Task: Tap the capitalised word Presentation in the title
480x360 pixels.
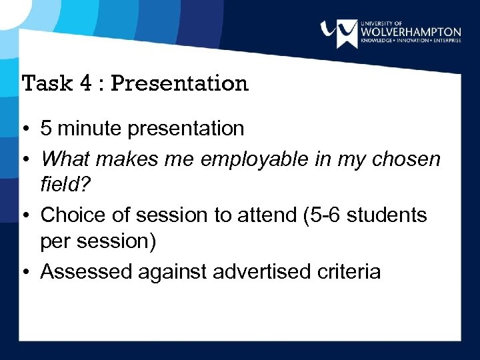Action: click(x=179, y=83)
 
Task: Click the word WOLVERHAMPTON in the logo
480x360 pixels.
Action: click(x=410, y=32)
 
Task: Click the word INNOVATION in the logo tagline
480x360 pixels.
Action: click(x=413, y=41)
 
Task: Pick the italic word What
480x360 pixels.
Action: click(x=64, y=159)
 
